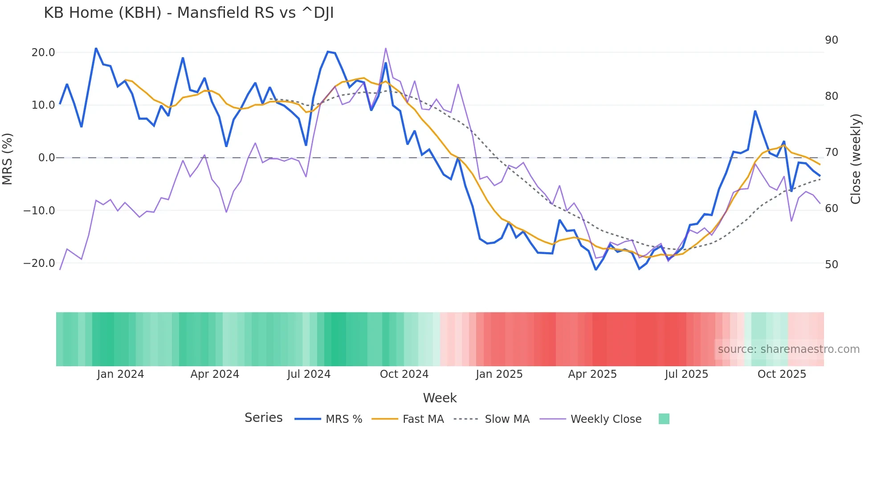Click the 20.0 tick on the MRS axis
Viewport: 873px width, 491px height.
(43, 53)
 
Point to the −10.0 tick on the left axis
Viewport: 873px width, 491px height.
(39, 210)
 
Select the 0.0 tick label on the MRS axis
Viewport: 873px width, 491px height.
(46, 158)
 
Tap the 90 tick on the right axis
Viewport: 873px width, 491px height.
(831, 40)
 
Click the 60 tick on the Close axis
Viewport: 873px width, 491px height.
(831, 209)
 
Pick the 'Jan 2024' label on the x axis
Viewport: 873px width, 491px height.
(120, 374)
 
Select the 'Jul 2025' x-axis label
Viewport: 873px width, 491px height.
(686, 374)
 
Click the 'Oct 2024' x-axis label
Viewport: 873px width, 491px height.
(404, 374)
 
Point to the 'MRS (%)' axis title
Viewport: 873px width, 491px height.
(8, 159)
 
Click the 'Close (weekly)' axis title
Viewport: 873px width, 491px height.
(856, 159)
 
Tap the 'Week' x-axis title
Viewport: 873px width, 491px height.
(440, 398)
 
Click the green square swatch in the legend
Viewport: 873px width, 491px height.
(664, 419)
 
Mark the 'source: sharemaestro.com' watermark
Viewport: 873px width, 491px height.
(788, 349)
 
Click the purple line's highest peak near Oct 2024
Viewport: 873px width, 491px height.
(386, 48)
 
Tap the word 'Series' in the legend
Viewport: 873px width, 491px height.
(263, 418)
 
